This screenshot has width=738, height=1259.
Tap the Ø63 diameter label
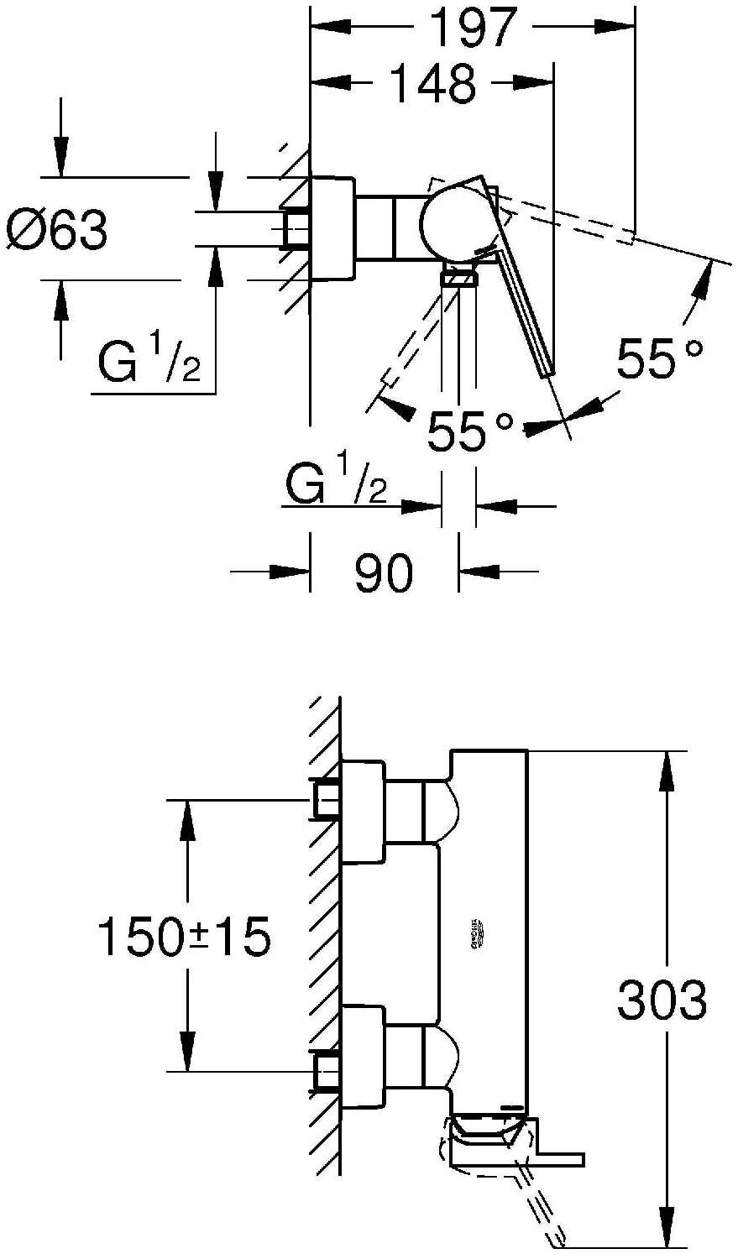(x=57, y=229)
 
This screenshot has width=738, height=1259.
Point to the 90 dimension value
(x=384, y=573)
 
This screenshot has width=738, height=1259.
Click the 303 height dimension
(x=662, y=1000)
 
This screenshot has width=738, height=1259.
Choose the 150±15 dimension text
(x=185, y=937)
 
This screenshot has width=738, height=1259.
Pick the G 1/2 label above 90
(x=336, y=479)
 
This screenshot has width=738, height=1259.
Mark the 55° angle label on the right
(x=658, y=359)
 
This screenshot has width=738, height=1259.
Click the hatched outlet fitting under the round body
(x=458, y=278)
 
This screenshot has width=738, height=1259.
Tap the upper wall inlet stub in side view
(x=327, y=799)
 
